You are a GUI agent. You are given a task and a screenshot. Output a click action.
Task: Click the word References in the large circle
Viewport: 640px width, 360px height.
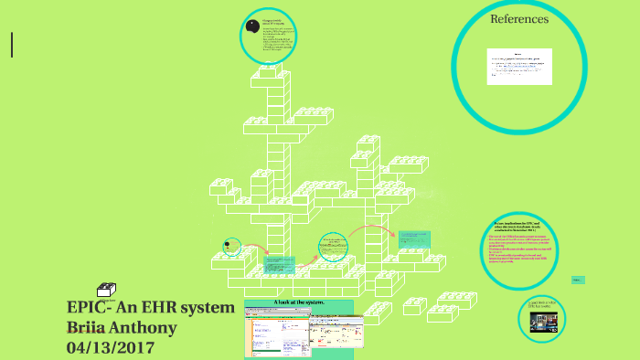coord(519,18)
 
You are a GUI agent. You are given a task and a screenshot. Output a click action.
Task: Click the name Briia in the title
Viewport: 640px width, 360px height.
coord(91,328)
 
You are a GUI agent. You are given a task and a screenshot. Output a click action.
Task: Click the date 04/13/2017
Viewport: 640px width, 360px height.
coord(111,348)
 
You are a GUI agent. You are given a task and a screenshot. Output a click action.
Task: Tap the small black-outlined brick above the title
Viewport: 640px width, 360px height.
coord(107,290)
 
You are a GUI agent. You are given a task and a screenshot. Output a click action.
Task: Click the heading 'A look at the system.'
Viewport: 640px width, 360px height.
coord(299,302)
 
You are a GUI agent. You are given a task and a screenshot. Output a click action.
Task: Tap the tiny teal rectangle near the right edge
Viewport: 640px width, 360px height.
coord(578,280)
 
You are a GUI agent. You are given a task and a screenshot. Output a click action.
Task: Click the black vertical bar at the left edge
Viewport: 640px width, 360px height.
coord(12,45)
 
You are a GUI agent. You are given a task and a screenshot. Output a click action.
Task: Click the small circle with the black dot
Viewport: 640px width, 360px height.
coord(231,246)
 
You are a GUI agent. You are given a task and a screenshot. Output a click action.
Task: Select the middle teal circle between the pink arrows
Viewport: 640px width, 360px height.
coord(333,247)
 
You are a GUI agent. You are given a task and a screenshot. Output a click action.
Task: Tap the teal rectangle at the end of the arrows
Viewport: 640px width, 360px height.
coord(413,238)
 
